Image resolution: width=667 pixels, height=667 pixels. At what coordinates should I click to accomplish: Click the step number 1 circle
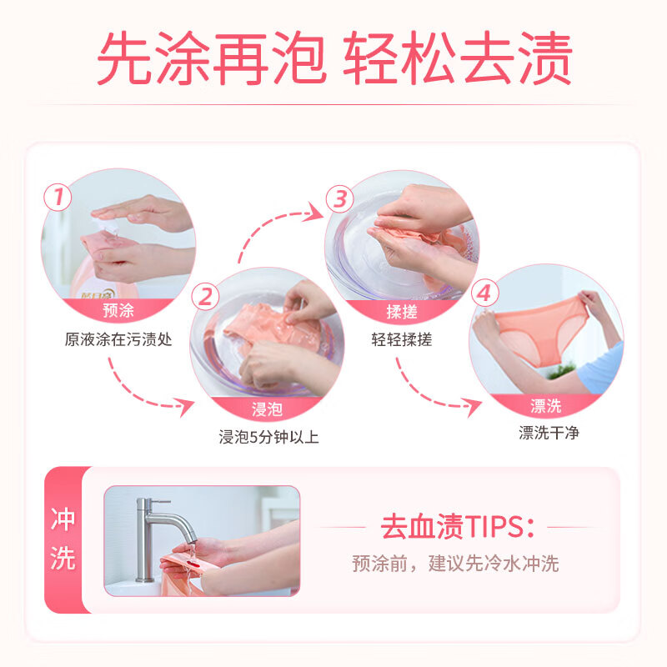click(x=58, y=198)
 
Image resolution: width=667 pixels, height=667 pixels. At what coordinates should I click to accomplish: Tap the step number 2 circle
click(x=206, y=295)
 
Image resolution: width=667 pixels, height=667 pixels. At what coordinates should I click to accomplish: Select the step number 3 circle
click(x=339, y=198)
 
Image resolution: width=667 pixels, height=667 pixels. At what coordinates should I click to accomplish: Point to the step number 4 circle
click(x=485, y=294)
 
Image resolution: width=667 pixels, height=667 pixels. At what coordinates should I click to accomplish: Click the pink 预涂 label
click(x=118, y=311)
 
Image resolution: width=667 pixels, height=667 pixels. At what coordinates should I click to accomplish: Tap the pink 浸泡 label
click(x=267, y=409)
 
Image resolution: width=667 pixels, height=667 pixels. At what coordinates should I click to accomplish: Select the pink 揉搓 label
click(x=402, y=311)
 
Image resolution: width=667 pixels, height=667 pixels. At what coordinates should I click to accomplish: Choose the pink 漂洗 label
click(x=546, y=406)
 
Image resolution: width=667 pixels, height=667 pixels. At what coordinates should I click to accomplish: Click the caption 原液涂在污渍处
click(x=118, y=339)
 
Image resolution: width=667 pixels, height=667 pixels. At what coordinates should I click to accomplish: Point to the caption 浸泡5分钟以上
click(x=268, y=437)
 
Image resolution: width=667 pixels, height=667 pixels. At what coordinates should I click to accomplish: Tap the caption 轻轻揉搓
click(x=402, y=339)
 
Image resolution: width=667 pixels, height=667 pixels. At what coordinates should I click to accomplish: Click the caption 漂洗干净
click(x=548, y=434)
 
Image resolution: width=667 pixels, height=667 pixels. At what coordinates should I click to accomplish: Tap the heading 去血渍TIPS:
click(x=457, y=527)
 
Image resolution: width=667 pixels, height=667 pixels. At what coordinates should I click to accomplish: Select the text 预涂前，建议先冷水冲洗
click(x=455, y=564)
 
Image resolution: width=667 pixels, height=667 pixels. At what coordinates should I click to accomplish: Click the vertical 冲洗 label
click(x=63, y=540)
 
